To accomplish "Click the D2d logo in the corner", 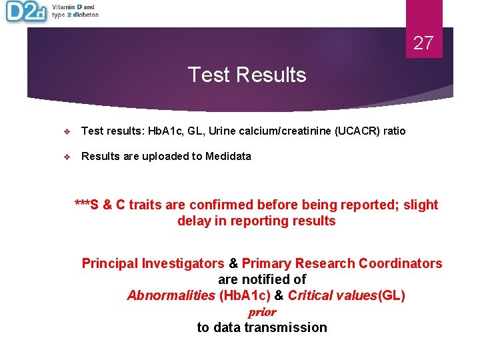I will pos(25,12).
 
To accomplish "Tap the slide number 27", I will pos(423,44).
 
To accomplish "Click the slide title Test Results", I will pos(247,75).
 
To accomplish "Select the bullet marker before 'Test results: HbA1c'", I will pos(67,131).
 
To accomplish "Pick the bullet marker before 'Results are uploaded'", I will pos(67,157).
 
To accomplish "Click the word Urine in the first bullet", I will pos(221,131).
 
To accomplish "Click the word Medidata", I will pos(229,156).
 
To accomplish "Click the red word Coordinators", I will pos(400,263).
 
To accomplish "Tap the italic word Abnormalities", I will pos(171,295).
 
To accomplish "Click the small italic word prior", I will pos(262,312).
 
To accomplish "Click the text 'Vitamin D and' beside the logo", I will pos(73,7).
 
